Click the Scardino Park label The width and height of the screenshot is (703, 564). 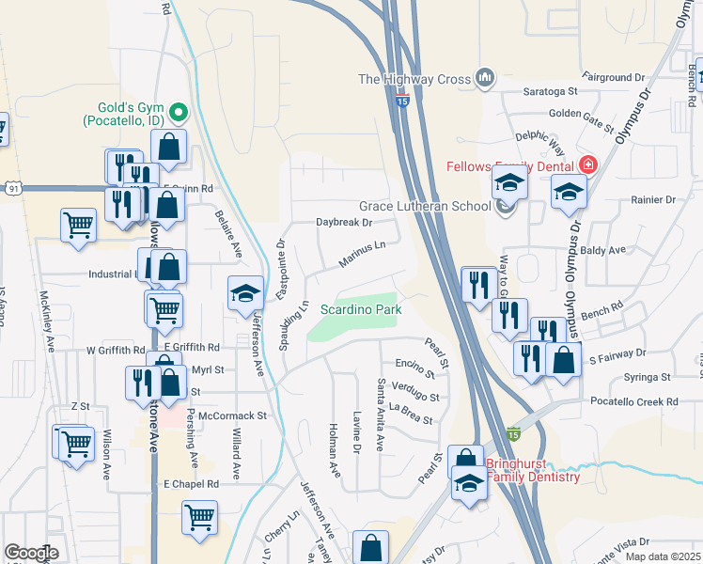click(x=361, y=309)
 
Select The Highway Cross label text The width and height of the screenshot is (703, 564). click(x=414, y=80)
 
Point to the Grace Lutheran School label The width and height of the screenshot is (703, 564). click(x=425, y=207)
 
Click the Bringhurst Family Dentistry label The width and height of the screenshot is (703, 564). click(x=531, y=471)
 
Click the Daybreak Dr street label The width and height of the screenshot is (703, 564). click(x=344, y=223)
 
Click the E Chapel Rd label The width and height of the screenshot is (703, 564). click(x=191, y=483)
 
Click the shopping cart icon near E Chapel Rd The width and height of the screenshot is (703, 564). click(x=199, y=517)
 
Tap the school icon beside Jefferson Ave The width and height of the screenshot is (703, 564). click(x=244, y=293)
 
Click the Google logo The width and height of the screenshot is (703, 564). click(x=32, y=553)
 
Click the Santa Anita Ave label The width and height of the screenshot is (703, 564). click(x=382, y=415)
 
